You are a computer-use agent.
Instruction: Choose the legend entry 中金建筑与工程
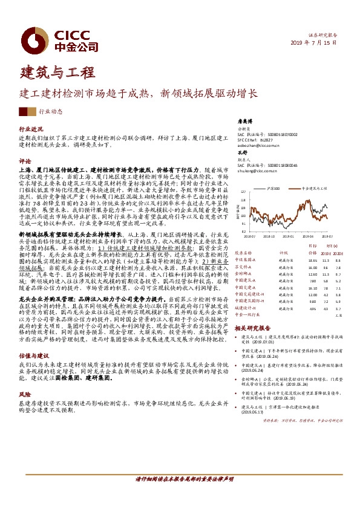[x=315, y=189]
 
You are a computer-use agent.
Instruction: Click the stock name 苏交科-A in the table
[x=245, y=267]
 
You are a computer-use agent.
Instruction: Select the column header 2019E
[x=326, y=253]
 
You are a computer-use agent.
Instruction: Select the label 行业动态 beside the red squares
[x=50, y=112]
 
